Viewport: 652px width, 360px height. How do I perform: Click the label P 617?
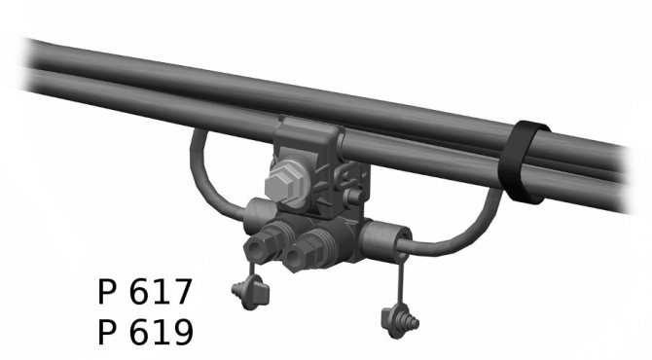pyautogui.click(x=145, y=292)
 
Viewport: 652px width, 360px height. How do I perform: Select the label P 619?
pyautogui.click(x=146, y=332)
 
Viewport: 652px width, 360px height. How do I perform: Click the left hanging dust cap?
pyautogui.click(x=250, y=292)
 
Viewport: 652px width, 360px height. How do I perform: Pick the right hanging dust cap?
pyautogui.click(x=400, y=321)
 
